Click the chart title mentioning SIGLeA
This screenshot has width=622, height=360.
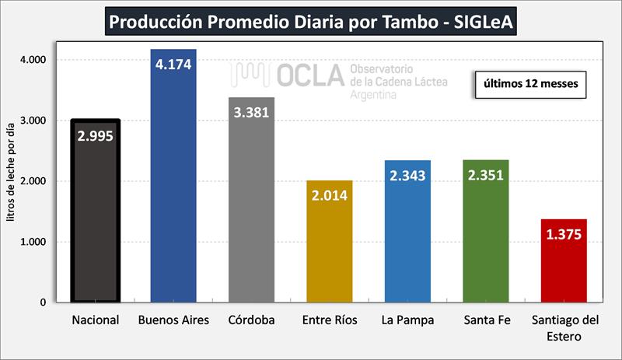pos(312,21)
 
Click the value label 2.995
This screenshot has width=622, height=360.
pos(95,136)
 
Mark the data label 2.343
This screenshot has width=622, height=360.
pos(407,175)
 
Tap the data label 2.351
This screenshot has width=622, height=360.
pos(485,174)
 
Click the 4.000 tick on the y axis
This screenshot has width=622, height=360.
pos(33,60)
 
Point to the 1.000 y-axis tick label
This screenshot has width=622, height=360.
pos(33,242)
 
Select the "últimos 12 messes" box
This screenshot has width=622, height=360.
pos(529,84)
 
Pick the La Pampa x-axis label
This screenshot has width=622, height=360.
pos(407,320)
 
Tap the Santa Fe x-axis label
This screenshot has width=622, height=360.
pos(485,320)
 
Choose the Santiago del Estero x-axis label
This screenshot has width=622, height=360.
pos(563,328)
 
